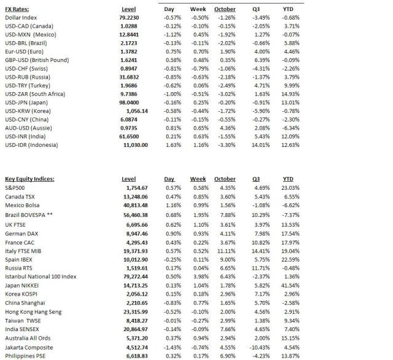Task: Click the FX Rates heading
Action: [x=18, y=9]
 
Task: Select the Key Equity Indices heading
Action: [x=29, y=179]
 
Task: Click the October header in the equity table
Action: [x=225, y=179]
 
